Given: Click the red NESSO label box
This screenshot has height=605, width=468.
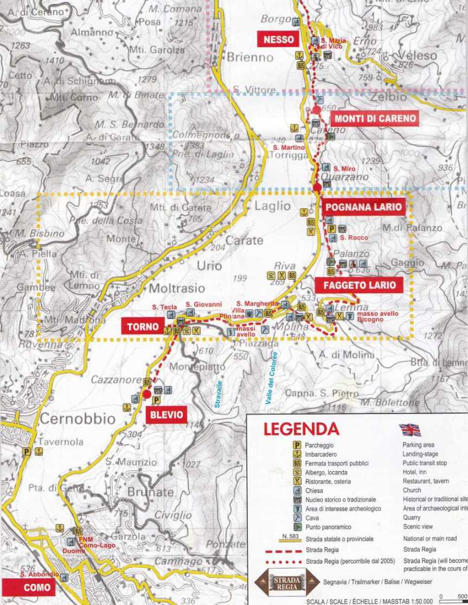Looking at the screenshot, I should [279, 40].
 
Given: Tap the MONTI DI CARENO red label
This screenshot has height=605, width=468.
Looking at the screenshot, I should [375, 119].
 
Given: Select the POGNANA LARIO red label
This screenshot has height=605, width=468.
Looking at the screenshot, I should [363, 207].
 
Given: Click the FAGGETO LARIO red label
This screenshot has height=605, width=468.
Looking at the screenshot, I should [360, 285].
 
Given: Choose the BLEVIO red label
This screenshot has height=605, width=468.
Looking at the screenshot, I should [165, 416].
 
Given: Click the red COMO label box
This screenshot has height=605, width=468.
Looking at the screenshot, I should [37, 587].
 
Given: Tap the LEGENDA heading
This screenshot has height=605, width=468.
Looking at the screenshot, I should [301, 429].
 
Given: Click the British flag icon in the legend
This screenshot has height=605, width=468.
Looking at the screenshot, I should [410, 430].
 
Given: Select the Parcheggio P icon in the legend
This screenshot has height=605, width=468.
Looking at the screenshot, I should [297, 445].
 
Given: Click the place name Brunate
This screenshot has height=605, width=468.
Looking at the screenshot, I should [150, 492].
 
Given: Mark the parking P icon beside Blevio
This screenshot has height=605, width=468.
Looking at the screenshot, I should [156, 400].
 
